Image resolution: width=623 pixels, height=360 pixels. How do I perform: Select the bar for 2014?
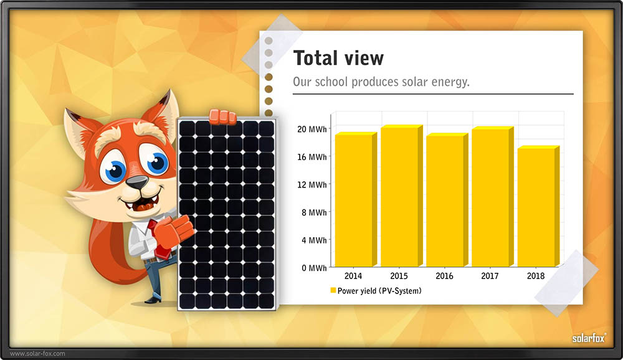click(356, 199)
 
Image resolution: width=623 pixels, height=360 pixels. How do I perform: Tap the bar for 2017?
click(493, 197)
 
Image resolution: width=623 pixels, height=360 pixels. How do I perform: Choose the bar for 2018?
click(538, 206)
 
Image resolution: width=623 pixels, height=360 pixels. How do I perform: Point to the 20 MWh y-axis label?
click(312, 129)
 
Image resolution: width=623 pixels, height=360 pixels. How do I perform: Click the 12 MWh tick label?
click(312, 185)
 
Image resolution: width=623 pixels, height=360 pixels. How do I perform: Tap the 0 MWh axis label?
click(314, 268)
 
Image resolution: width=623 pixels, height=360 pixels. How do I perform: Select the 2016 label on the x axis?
click(444, 276)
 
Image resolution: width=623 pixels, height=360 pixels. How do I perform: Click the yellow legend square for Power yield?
click(333, 290)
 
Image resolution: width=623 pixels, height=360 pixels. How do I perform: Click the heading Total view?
click(338, 58)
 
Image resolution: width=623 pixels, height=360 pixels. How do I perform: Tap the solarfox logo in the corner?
click(589, 338)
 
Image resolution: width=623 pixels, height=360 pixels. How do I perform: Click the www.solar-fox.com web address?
click(37, 353)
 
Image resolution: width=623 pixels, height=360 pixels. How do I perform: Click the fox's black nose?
click(137, 182)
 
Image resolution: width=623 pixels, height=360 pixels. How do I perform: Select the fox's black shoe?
click(153, 299)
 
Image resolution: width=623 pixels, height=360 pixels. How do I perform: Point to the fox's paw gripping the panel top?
click(222, 116)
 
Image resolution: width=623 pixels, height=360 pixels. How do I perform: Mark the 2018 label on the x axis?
click(536, 276)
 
